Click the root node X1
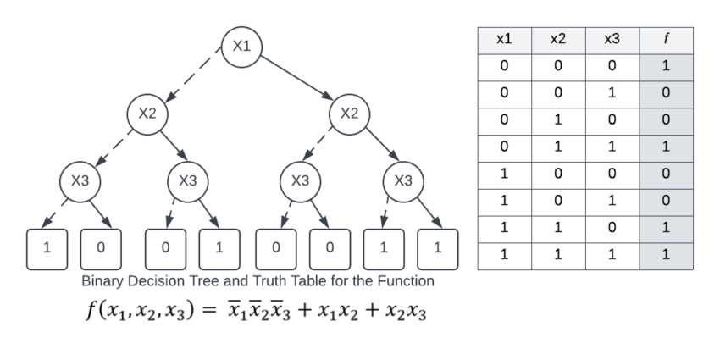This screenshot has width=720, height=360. pyautogui.click(x=241, y=46)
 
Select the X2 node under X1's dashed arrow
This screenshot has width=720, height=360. pyautogui.click(x=147, y=114)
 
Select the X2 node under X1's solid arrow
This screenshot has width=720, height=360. pyautogui.click(x=348, y=114)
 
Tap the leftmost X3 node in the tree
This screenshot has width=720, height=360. pyautogui.click(x=79, y=180)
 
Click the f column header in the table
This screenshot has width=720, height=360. pyautogui.click(x=667, y=40)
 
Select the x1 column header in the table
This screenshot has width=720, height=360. pyautogui.click(x=504, y=40)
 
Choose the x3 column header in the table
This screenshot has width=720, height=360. pyautogui.click(x=612, y=40)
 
